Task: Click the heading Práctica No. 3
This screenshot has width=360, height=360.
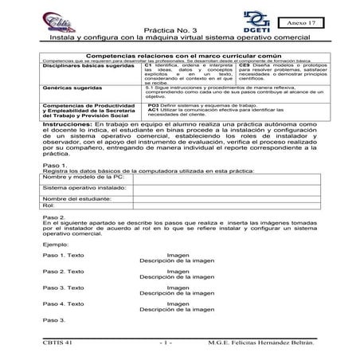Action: point(180,27)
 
